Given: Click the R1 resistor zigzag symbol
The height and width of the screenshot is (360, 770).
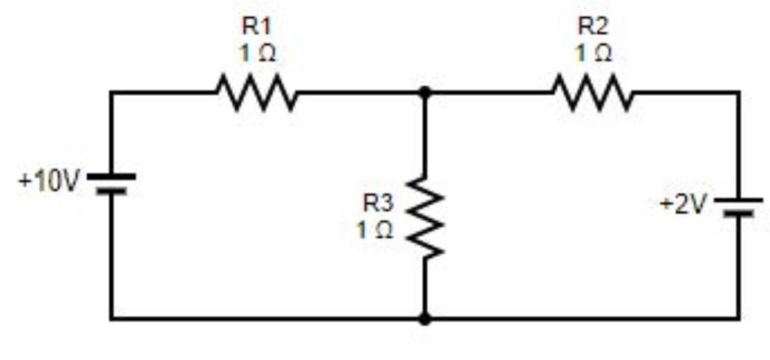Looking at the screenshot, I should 257,94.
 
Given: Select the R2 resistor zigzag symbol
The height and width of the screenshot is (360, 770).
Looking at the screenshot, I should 593,94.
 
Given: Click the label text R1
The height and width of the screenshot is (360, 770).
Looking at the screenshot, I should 257,27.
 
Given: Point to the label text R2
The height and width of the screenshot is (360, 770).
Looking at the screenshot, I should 593,27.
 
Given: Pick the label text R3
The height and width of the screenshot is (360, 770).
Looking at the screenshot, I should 377,201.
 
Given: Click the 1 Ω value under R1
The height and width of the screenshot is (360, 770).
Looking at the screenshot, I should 257,54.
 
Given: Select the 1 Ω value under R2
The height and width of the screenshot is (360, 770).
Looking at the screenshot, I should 593,54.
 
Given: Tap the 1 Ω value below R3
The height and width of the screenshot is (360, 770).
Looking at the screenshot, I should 375,230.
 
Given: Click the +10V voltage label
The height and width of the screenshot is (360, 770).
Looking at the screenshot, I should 47,182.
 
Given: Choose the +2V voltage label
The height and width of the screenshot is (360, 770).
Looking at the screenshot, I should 683,204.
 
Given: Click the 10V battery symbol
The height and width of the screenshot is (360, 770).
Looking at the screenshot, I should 111,183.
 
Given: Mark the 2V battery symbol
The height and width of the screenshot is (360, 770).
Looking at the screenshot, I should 738,206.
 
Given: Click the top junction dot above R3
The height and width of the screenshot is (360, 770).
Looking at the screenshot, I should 424,93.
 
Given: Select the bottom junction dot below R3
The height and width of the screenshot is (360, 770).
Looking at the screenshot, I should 424,319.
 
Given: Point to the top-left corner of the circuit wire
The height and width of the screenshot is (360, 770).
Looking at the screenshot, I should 111,93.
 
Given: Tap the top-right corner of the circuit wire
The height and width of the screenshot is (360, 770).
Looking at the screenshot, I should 738,93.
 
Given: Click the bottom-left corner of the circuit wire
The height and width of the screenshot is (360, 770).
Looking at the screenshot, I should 111,319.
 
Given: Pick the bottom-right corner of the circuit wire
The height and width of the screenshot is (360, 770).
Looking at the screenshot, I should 738,319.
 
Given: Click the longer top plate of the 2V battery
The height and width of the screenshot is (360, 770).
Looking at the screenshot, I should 738,200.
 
